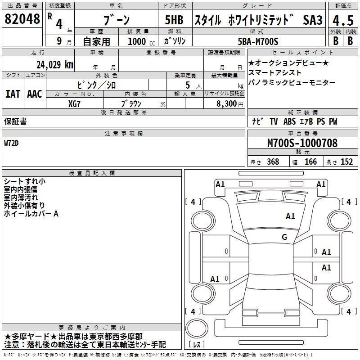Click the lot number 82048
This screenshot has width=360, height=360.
coord(22,19)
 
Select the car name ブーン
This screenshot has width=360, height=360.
coord(116,20)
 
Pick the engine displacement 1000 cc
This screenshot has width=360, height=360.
coord(141,42)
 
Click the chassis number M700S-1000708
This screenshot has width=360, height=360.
coord(302,143)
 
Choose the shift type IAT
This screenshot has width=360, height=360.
coord(13,94)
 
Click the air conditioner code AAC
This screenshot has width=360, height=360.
coord(35,94)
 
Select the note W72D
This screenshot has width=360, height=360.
coord(13,143)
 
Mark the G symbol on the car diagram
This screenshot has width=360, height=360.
coord(284,237)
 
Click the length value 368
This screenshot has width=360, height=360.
coord(273,162)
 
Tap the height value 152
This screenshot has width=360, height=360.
coord(346,162)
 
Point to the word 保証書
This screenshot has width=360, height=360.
coord(15,121)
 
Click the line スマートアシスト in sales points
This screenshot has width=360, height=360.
coord(275,72)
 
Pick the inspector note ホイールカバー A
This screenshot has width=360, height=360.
coord(31,214)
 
